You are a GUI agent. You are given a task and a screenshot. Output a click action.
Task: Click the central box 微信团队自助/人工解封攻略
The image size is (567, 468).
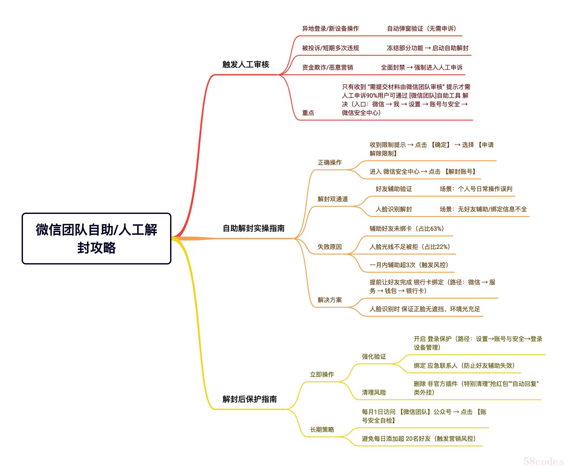click(96, 239)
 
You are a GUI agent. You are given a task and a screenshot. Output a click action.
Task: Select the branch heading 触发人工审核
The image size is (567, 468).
click(246, 64)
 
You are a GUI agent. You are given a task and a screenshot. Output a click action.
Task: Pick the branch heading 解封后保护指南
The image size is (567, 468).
click(250, 399)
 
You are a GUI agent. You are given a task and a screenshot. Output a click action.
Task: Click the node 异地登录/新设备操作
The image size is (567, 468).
click(330, 29)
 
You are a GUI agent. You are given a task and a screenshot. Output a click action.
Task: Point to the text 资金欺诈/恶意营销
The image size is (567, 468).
click(327, 67)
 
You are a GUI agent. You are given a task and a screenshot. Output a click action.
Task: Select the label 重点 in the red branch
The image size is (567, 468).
click(308, 113)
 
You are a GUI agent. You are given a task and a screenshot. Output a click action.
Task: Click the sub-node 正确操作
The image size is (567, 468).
click(330, 162)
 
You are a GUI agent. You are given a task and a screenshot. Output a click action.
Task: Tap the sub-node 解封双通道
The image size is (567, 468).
click(333, 199)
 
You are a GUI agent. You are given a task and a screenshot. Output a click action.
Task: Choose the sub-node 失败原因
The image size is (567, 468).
click(330, 247)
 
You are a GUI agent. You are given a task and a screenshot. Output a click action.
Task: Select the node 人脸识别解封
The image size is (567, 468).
click(394, 209)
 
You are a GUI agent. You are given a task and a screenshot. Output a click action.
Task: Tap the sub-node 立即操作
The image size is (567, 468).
click(322, 374)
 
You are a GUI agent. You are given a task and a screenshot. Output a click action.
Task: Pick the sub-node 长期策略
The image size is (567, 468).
click(322, 430)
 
